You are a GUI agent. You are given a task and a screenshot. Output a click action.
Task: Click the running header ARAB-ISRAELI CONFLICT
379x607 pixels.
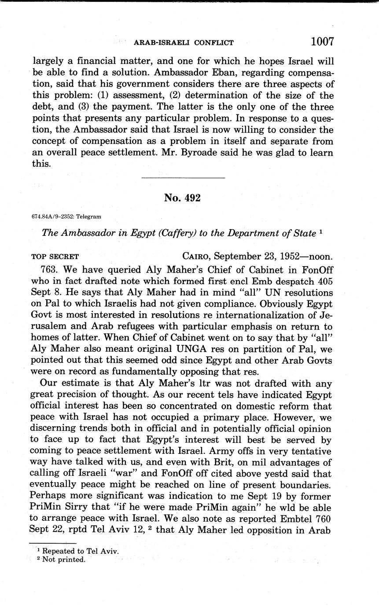(x=183, y=43)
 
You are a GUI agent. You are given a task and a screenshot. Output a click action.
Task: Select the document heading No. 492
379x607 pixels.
(x=182, y=198)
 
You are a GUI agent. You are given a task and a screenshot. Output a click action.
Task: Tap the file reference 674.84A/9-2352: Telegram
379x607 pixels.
(x=66, y=216)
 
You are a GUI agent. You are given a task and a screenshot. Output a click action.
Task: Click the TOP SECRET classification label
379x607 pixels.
(x=55, y=257)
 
